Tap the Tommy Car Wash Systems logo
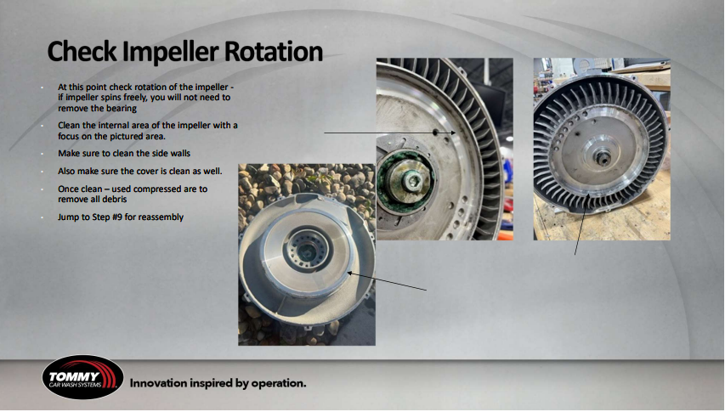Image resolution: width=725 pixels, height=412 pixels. tap(82, 377)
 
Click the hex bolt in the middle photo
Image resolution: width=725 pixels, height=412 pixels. tap(411, 181)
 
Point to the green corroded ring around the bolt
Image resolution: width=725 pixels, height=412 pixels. tap(406, 183)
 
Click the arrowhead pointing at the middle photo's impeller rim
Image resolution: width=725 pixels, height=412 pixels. tap(453, 133)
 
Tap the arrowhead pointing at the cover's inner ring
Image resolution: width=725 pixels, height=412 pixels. tap(350, 274)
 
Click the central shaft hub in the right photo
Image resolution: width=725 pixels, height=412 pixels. tap(602, 159)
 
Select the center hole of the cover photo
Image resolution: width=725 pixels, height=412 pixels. tap(306, 251)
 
